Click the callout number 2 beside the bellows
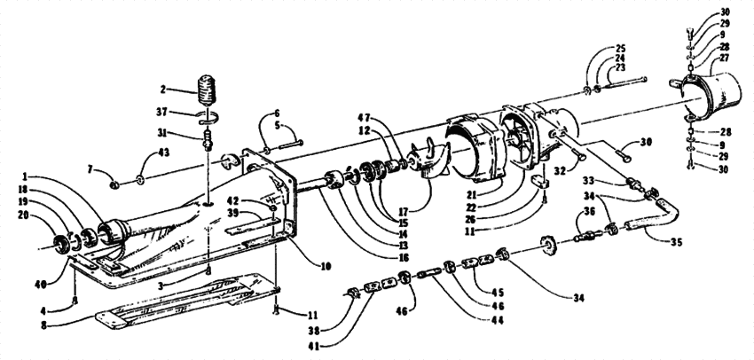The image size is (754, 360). click(162, 90)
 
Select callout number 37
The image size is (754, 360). click(162, 113)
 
